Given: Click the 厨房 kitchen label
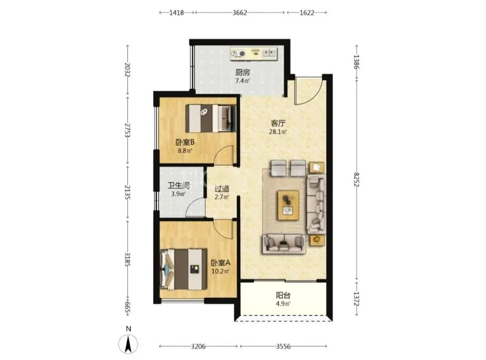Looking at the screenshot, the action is click(x=242, y=73).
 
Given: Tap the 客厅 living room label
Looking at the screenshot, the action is click(x=278, y=124).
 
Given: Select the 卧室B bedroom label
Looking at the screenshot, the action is click(x=185, y=142).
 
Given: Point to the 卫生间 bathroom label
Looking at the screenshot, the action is click(x=178, y=186).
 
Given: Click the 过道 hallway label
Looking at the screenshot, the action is click(x=222, y=188).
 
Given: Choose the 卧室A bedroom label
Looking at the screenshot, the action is click(x=221, y=263).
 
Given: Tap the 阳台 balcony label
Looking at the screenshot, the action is click(x=283, y=295).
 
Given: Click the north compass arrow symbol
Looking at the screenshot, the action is click(x=128, y=343).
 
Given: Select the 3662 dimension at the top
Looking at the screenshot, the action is click(x=239, y=13).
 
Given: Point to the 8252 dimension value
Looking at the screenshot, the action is click(x=357, y=180).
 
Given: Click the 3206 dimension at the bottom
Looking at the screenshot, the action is click(x=198, y=346).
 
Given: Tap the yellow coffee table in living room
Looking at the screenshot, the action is click(x=288, y=205).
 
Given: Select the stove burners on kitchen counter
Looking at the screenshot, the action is click(x=238, y=54).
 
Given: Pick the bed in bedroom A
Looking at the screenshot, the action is click(x=184, y=269).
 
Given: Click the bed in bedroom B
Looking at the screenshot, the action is click(x=211, y=118).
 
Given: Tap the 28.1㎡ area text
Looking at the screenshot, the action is click(x=278, y=132).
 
